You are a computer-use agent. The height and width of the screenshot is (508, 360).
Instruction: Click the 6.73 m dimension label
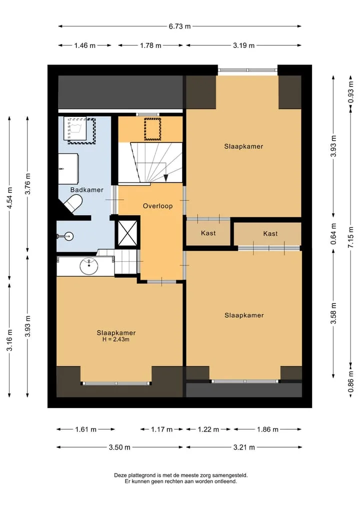click(179, 26)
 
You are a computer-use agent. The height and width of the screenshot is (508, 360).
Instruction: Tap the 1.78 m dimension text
click(150, 45)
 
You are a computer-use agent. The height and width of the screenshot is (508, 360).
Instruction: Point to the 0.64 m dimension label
click(333, 234)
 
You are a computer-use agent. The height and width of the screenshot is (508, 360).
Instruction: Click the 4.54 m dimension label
click(9, 198)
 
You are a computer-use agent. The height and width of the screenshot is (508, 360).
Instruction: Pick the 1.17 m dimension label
click(161, 430)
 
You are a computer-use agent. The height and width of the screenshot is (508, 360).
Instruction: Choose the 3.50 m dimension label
click(119, 448)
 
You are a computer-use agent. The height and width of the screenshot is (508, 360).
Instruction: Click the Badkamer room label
click(87, 190)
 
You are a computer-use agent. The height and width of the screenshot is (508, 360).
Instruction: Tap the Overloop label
click(157, 206)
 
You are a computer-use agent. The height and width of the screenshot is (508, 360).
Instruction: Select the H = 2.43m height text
click(116, 340)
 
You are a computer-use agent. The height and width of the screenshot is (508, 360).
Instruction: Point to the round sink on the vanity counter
click(89, 266)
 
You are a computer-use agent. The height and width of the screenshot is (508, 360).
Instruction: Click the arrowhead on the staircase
click(165, 177)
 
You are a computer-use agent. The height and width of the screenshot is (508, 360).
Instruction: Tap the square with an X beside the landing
click(127, 233)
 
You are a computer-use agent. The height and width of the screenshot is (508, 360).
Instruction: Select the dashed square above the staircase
click(152, 129)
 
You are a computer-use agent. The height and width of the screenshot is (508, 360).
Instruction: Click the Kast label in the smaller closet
click(208, 233)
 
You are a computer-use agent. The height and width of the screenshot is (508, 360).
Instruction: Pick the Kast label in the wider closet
click(270, 234)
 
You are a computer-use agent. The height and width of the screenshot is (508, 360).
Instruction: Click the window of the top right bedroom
click(248, 70)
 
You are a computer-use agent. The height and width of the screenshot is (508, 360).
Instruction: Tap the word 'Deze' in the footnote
click(119, 475)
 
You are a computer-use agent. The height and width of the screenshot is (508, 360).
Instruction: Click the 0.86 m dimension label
click(350, 381)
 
